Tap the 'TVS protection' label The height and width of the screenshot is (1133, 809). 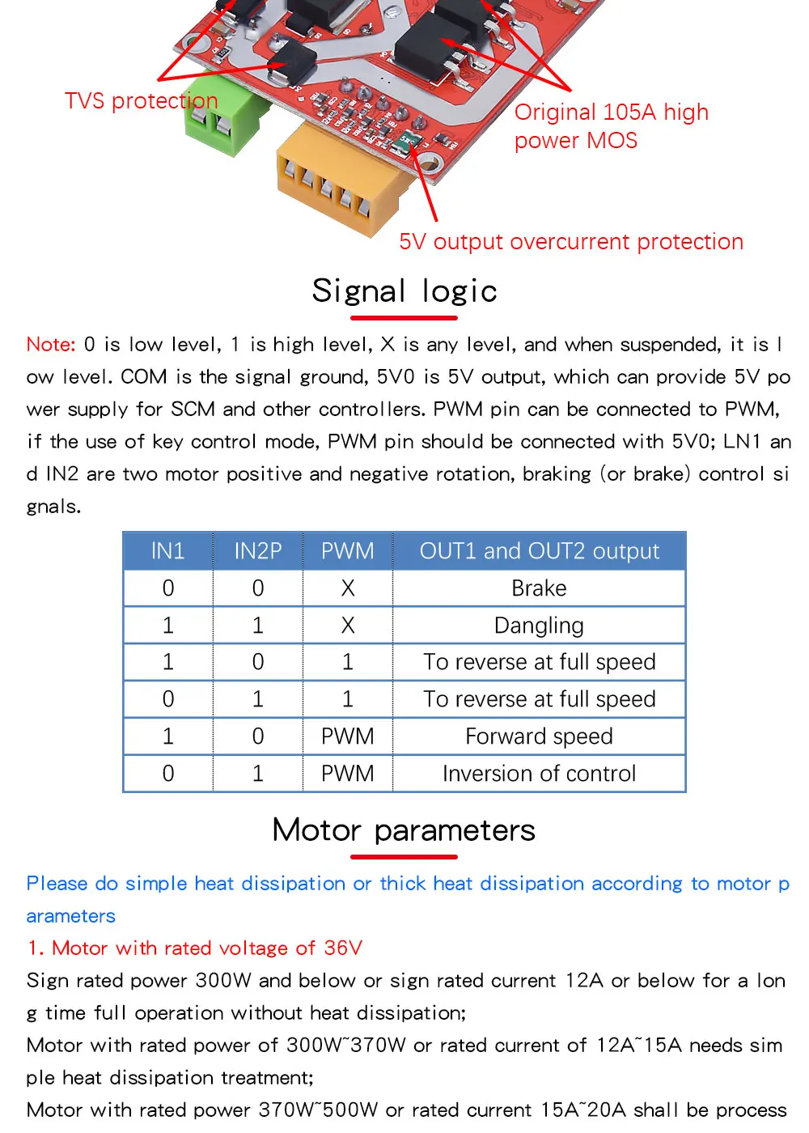(141, 101)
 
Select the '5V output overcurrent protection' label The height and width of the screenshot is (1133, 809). (570, 242)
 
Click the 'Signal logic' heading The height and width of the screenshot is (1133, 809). (404, 291)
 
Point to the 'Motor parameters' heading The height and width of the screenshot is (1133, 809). (404, 830)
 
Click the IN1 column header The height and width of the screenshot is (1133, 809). (168, 551)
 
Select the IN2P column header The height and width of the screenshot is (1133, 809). (258, 551)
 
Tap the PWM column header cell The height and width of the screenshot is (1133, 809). (348, 551)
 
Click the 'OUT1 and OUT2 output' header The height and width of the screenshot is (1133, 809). (539, 551)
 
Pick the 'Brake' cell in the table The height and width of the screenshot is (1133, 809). (539, 588)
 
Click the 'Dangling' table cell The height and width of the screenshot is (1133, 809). (539, 626)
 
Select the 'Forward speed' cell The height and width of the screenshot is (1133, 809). (539, 736)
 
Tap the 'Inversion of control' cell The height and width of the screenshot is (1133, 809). (539, 774)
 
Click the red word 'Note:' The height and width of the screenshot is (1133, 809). (51, 345)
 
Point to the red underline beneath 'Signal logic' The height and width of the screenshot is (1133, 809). (404, 318)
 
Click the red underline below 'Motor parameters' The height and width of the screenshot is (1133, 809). (404, 857)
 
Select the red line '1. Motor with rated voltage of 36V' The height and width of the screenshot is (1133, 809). (194, 948)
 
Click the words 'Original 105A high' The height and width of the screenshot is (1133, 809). (611, 112)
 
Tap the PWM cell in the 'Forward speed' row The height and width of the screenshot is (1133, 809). (348, 736)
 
